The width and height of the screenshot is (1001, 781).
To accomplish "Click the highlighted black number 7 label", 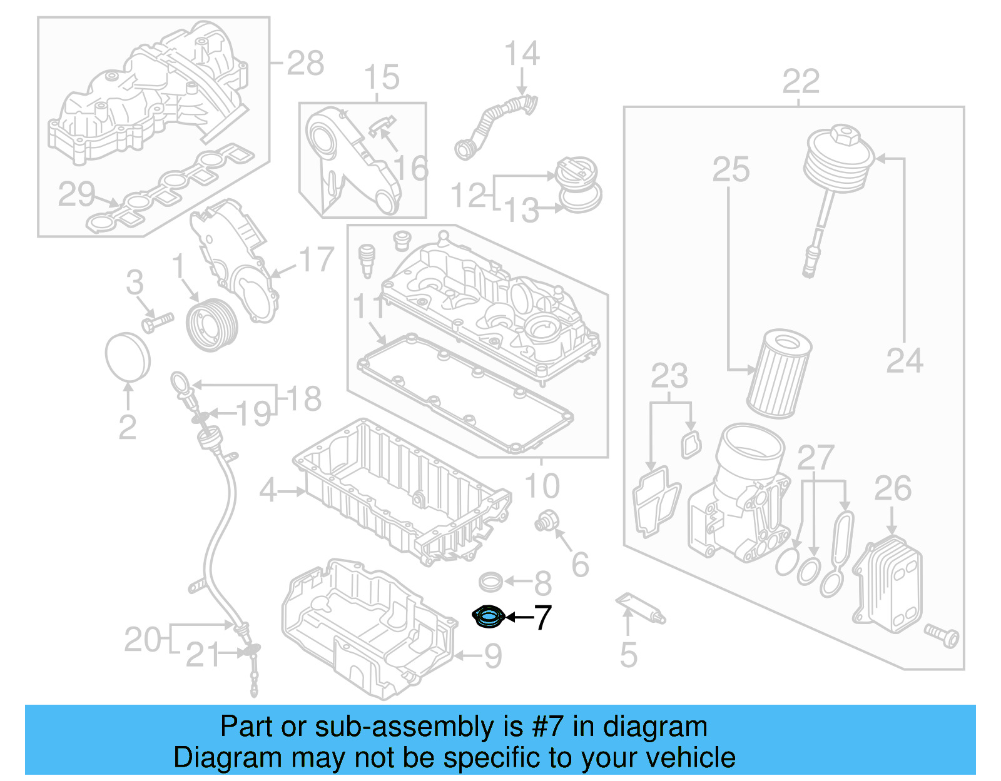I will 542,617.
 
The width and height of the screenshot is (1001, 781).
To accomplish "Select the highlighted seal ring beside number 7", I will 488,617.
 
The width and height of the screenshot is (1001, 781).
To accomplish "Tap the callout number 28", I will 305,63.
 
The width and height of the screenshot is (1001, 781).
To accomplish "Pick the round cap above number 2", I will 128,356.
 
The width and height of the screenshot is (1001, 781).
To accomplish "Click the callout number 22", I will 801,82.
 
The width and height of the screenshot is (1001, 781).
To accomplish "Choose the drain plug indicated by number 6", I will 546,521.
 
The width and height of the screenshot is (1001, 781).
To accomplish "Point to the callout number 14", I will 522,54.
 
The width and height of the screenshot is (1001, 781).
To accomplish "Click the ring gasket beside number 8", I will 491,582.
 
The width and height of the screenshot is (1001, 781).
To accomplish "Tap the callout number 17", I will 317,259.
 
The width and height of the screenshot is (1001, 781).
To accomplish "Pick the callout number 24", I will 905,361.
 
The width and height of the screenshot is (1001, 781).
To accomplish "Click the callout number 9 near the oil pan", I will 493,656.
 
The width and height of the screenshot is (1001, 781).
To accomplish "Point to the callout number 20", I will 143,640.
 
